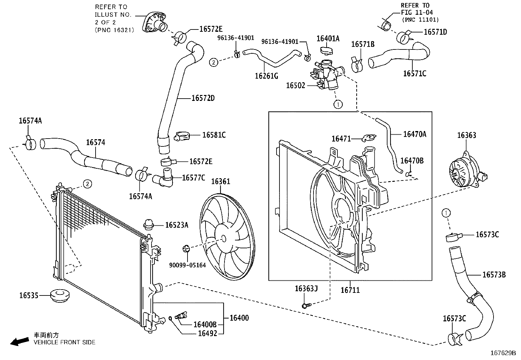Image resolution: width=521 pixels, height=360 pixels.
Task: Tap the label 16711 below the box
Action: click(x=350, y=290)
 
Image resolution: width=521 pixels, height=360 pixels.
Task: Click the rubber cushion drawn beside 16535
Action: click(x=60, y=296)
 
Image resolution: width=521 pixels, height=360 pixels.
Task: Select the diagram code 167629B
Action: click(x=503, y=353)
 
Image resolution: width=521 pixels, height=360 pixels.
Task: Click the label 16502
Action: click(x=295, y=85)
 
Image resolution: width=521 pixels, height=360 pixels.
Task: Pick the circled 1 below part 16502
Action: click(x=338, y=104)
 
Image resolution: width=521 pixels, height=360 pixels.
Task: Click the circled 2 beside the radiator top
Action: click(x=87, y=184)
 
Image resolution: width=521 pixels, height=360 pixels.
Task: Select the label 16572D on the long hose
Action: click(x=203, y=98)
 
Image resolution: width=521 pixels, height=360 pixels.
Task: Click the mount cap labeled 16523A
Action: click(x=149, y=225)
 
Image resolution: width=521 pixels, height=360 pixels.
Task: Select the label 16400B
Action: click(x=205, y=324)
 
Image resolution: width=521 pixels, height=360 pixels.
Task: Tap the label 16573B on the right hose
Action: click(x=494, y=275)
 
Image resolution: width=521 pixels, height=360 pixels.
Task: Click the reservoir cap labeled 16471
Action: click(x=369, y=138)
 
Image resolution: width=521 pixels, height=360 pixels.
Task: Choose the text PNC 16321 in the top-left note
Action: click(x=114, y=30)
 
